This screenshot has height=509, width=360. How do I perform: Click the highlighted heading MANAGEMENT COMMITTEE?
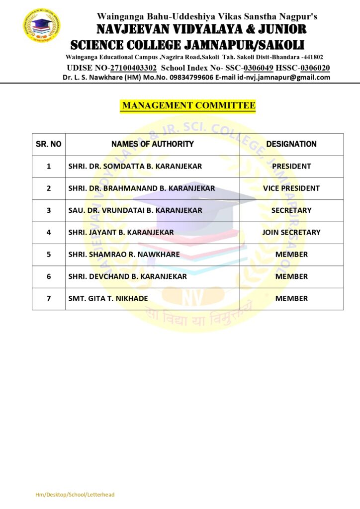(188, 105)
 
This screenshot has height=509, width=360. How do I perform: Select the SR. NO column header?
(49, 144)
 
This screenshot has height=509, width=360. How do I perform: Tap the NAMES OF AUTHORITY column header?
(153, 144)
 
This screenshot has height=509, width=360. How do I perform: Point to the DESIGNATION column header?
(291, 144)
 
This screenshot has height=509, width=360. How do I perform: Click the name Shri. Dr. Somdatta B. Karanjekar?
(135, 166)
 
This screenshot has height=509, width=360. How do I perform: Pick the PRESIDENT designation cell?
(291, 166)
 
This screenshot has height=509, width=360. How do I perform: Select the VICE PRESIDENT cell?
(291, 188)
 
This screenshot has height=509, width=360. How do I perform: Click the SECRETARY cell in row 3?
(291, 210)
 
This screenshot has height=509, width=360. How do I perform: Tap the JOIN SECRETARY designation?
(291, 232)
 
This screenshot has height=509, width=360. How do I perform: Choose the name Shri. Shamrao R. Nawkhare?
(124, 254)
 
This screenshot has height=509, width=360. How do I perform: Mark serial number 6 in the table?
(49, 276)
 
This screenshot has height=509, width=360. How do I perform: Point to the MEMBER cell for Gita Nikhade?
(291, 299)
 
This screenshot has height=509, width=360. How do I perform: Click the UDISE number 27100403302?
(133, 68)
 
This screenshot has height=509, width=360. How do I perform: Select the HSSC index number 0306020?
(315, 68)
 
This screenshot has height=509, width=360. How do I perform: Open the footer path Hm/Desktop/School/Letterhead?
(75, 495)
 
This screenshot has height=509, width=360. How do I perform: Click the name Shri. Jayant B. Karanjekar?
(121, 232)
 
